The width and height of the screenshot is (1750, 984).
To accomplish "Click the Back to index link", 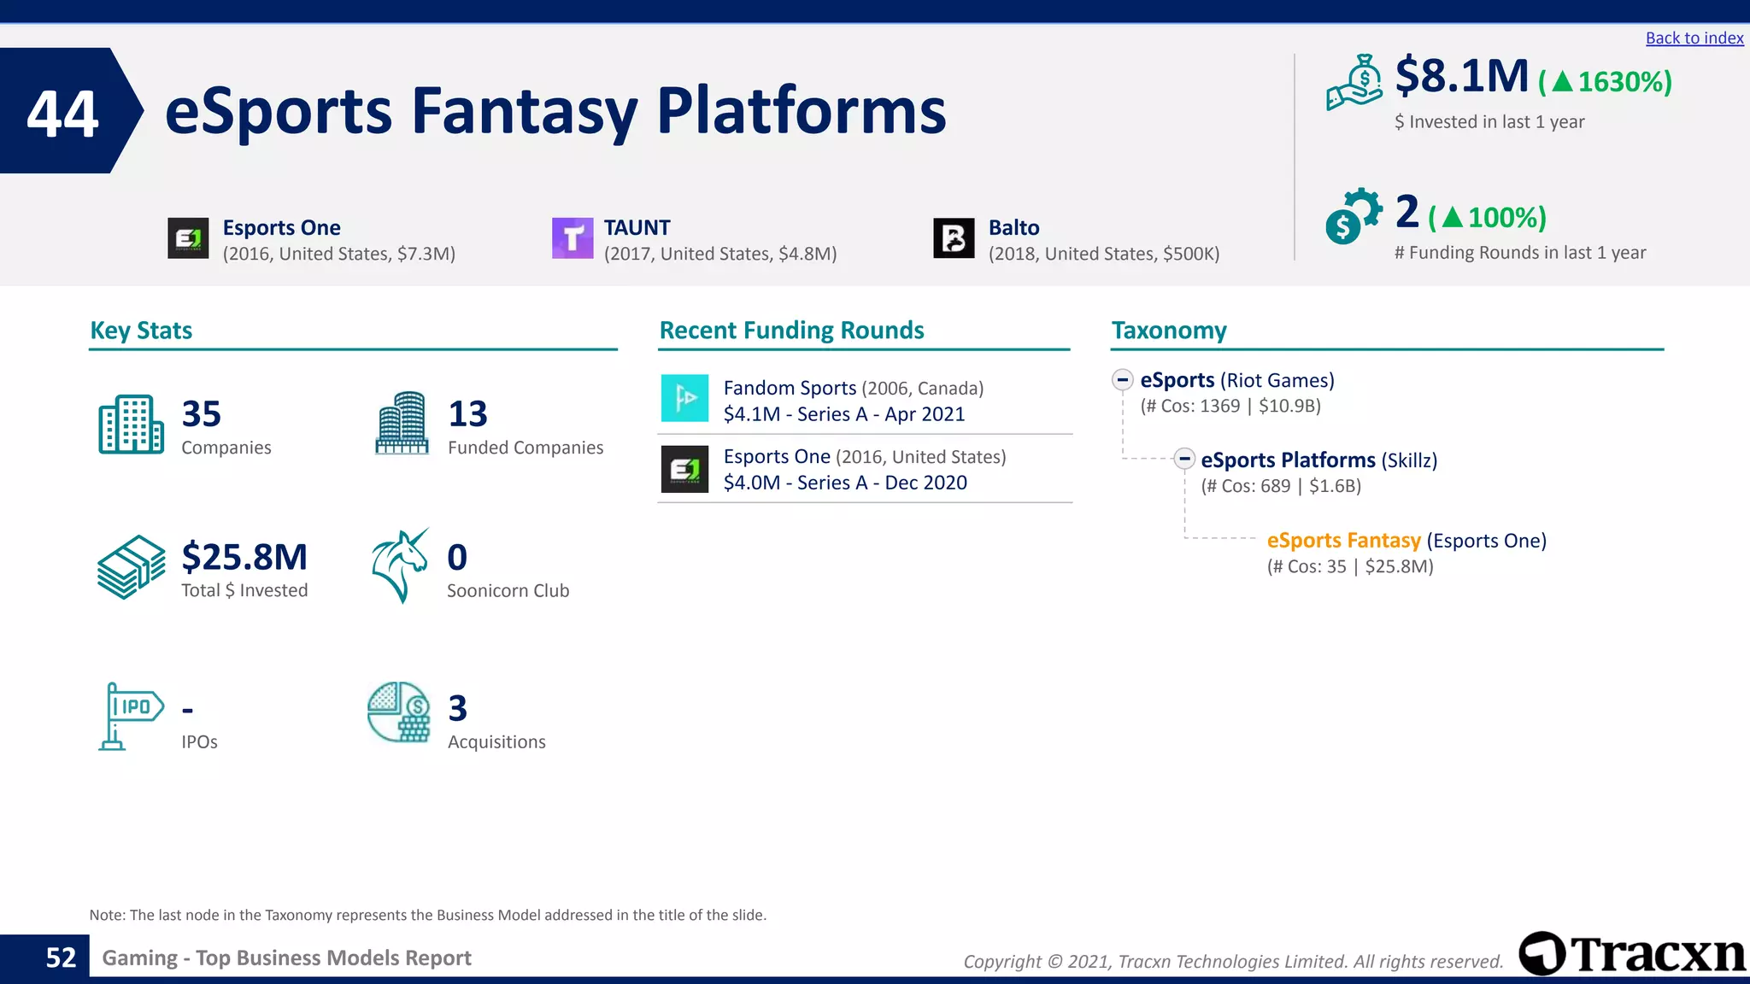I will (1694, 38).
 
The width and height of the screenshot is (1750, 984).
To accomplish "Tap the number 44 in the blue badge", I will (62, 113).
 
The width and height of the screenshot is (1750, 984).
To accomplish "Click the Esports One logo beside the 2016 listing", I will (188, 238).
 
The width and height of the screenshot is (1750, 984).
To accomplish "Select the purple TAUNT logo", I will (573, 238).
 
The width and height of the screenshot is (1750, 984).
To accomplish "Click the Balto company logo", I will (954, 238).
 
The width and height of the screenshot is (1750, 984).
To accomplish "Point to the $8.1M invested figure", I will (1461, 77).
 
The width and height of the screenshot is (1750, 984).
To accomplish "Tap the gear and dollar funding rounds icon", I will (1353, 215).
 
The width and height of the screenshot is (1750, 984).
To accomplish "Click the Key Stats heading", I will (141, 331).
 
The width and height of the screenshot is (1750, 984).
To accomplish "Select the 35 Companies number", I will (202, 414).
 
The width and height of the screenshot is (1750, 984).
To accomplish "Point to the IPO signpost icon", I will (129, 716).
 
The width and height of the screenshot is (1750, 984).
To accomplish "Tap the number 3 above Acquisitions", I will (457, 708).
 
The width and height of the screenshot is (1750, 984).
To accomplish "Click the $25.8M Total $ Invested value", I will (244, 557).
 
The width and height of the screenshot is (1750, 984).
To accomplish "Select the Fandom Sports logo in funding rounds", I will (684, 398).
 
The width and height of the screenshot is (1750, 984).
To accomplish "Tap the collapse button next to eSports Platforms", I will (1183, 459).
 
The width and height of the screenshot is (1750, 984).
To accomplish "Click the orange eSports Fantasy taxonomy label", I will (1343, 541).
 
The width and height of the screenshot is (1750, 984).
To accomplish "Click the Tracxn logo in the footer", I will (1631, 953).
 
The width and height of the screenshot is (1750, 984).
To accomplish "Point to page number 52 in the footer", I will (61, 958).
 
